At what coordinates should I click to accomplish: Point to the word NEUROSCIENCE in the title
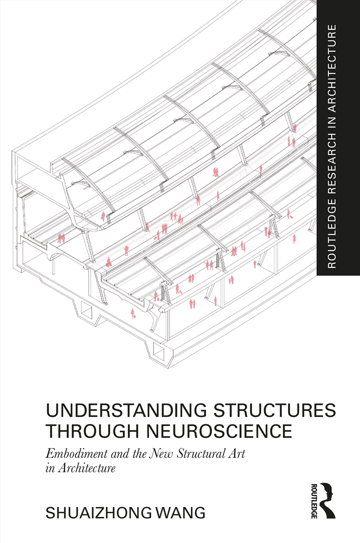[x=220, y=431]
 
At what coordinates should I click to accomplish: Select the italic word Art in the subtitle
[x=237, y=453]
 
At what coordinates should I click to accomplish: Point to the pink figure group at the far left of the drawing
[x=61, y=238]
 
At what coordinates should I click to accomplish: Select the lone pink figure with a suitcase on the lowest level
[x=133, y=313]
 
